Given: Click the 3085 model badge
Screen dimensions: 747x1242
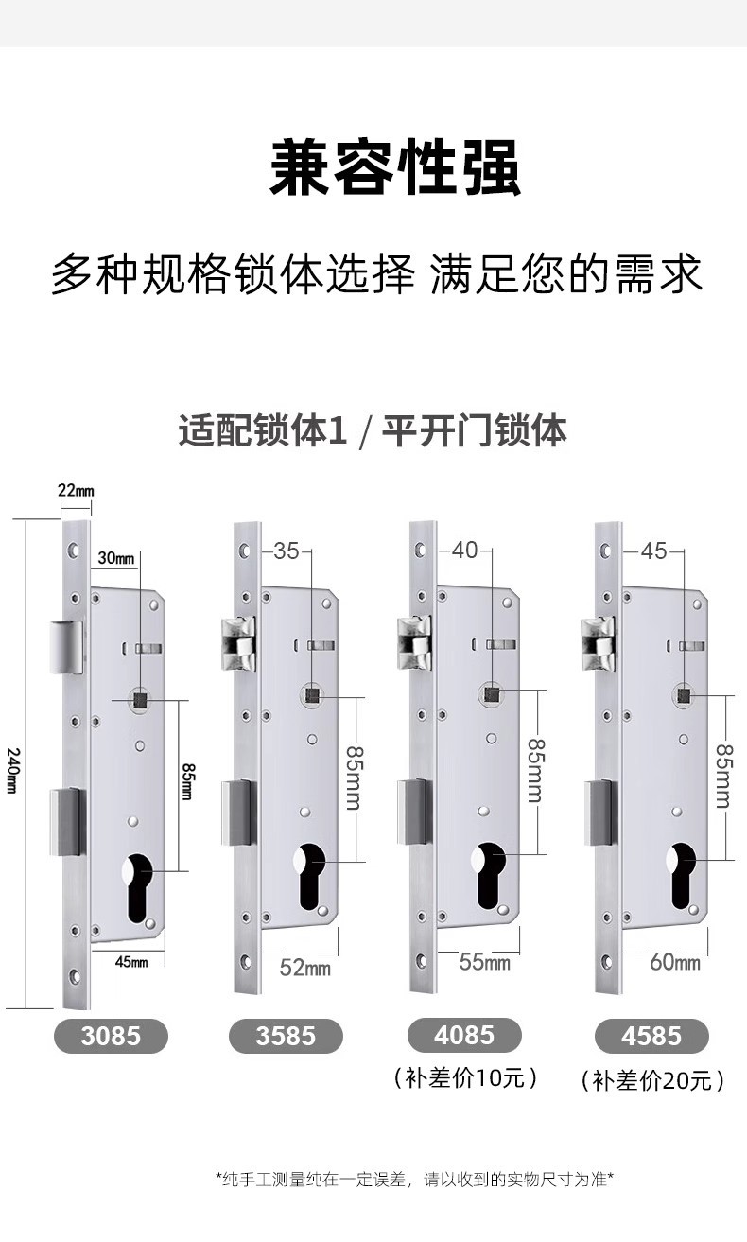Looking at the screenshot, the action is point(111,1035).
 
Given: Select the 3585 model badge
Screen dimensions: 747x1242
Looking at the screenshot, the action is point(286,1035).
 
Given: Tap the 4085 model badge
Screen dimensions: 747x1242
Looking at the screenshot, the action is point(464,1035).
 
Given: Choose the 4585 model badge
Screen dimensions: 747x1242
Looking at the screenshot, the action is point(651,1035).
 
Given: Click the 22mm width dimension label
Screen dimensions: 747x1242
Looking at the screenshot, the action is point(76,491).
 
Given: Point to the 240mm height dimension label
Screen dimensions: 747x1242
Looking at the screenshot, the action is point(12,771).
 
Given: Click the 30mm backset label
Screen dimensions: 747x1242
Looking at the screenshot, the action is point(115,558).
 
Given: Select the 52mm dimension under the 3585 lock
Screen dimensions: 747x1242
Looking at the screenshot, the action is point(304,968).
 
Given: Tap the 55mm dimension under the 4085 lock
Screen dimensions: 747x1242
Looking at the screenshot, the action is point(484,963).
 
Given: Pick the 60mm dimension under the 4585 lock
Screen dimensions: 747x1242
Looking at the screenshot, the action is point(675,963).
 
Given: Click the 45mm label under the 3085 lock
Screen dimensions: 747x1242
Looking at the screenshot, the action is point(131,962).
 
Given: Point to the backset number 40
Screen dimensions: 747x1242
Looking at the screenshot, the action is point(464,550).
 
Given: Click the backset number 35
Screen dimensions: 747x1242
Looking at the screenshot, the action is point(286,551).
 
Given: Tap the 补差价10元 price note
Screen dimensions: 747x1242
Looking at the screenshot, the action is point(465,1077).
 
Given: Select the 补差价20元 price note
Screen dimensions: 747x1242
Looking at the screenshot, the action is point(652,1080).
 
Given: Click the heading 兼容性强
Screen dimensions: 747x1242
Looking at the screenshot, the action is point(395,167).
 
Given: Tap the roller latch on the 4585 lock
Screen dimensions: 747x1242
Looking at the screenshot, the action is point(598,643).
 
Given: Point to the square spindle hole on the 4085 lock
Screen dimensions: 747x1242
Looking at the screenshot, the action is point(492,693).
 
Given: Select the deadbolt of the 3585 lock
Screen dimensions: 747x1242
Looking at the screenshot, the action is point(239,813).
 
